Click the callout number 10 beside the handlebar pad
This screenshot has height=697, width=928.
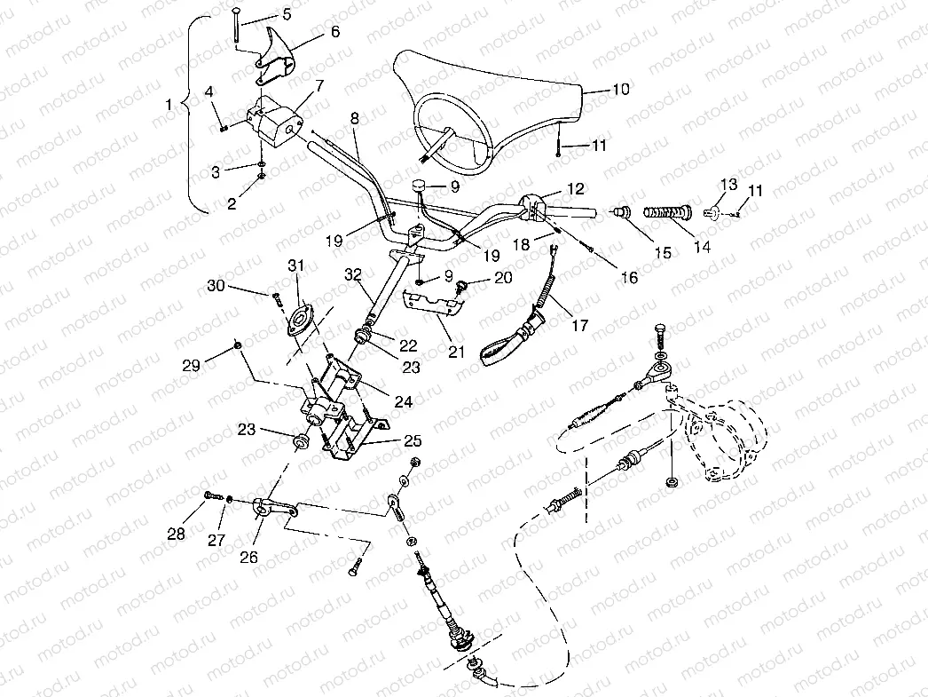pos(620,90)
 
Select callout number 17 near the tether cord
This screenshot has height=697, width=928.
pos(579,326)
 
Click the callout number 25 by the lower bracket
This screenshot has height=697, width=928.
pos(412,440)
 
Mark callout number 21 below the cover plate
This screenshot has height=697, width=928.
pos(455,352)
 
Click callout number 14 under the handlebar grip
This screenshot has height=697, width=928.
pos(702,248)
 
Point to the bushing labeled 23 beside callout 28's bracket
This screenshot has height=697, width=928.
pos(303,440)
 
